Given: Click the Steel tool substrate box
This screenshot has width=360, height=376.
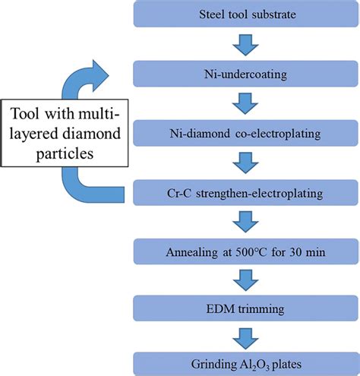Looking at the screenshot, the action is tap(245, 14).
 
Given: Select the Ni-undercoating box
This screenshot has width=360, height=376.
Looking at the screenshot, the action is tap(245, 74).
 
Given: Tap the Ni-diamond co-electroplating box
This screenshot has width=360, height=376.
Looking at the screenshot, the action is tap(245, 133).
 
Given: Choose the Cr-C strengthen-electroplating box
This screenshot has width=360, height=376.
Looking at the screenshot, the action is tap(245, 193).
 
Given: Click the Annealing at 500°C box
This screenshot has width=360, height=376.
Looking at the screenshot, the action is tap(245, 251).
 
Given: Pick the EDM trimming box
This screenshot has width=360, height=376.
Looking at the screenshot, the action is tap(245, 308).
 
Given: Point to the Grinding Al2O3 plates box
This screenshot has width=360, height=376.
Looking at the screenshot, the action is tap(245, 364).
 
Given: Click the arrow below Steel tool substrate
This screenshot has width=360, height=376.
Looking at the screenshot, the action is tap(245, 45).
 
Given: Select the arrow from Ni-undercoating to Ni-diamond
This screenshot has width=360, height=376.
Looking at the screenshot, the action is tap(245, 104).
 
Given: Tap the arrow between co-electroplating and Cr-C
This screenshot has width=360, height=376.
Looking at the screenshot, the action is tap(245, 163).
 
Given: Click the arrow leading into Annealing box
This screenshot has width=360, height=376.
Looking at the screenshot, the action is tap(245, 222).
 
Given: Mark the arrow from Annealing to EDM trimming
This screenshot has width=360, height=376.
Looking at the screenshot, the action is tap(245, 280).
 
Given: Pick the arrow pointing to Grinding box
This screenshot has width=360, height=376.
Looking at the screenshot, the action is tap(245, 339).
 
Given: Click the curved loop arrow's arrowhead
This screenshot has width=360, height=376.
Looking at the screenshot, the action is tap(100, 75).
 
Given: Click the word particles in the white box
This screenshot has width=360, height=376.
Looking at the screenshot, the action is tap(65, 153).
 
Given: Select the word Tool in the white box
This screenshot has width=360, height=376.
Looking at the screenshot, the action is tap(25, 114).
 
